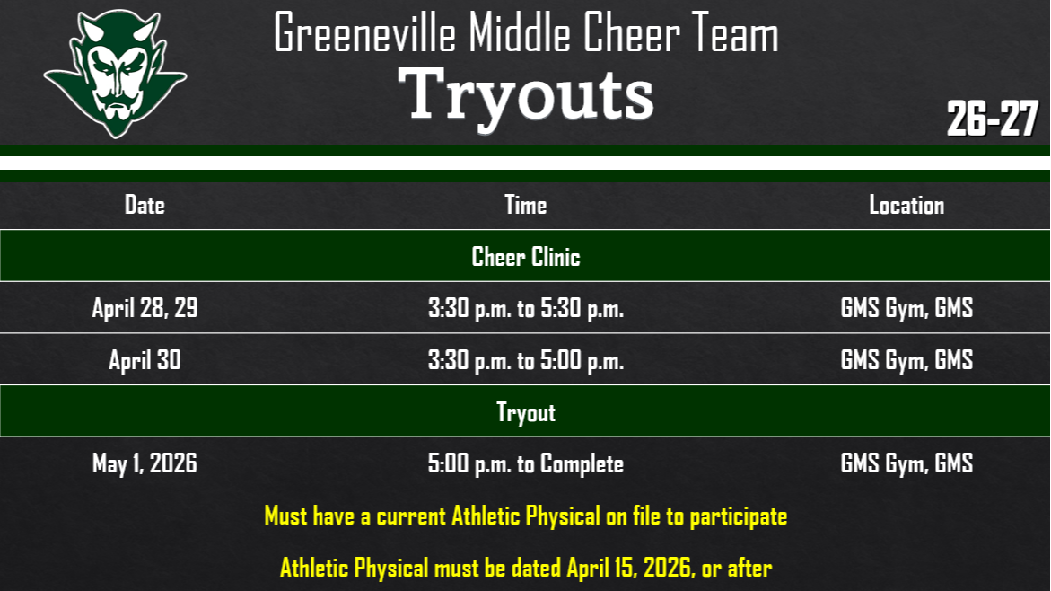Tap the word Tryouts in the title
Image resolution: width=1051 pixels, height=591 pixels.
pyautogui.click(x=526, y=95)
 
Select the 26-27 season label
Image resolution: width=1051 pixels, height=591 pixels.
pyautogui.click(x=992, y=119)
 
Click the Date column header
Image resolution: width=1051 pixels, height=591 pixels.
pyautogui.click(x=145, y=205)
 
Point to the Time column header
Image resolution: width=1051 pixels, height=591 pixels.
pyautogui.click(x=525, y=205)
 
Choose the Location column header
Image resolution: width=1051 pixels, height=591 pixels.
pyautogui.click(x=906, y=205)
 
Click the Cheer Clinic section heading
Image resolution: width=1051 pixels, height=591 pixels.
pyautogui.click(x=526, y=257)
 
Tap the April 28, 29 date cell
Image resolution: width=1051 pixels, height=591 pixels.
pyautogui.click(x=145, y=309)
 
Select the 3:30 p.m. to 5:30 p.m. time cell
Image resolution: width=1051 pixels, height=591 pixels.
pyautogui.click(x=525, y=309)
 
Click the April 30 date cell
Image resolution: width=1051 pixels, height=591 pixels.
pyautogui.click(x=145, y=360)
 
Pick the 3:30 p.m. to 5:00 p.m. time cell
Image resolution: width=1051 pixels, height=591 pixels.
pyautogui.click(x=525, y=360)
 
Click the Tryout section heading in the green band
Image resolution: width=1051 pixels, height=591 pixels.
pyautogui.click(x=526, y=412)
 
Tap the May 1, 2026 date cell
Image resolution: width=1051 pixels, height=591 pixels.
pyautogui.click(x=145, y=463)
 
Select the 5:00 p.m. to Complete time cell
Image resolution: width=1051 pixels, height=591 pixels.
pyautogui.click(x=525, y=463)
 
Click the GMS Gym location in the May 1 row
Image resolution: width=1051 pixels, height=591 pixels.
pyautogui.click(x=906, y=463)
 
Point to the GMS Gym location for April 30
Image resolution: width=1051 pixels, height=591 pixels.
pyautogui.click(x=906, y=360)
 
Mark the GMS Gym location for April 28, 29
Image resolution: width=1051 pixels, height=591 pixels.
pyautogui.click(x=906, y=309)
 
